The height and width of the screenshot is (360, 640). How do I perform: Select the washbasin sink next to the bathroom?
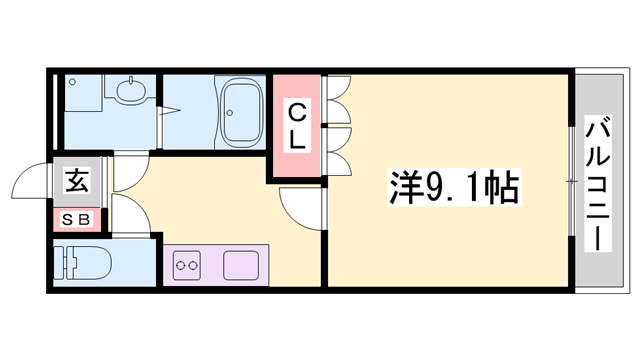pyautogui.click(x=129, y=92)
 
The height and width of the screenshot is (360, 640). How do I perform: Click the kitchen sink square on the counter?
pyautogui.click(x=240, y=267)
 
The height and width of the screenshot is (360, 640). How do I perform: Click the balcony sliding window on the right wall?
pyautogui.click(x=571, y=180)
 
